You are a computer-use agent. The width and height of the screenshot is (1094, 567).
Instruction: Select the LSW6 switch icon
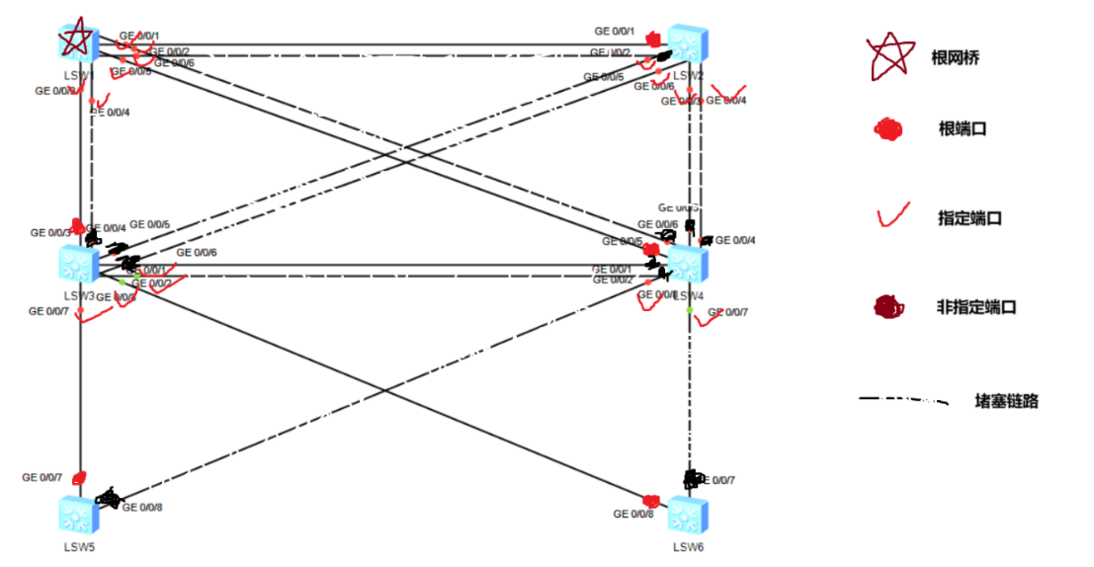[687, 516]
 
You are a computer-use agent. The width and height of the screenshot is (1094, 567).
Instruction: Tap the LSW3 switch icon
[76, 264]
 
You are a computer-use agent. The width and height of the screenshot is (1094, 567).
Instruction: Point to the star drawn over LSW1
[76, 40]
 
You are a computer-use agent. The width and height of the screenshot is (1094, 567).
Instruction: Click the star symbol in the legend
[888, 57]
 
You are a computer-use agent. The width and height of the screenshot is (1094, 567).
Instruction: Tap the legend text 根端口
[964, 128]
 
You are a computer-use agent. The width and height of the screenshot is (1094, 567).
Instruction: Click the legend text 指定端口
[969, 217]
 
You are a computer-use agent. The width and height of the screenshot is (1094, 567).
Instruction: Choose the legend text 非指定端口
[976, 306]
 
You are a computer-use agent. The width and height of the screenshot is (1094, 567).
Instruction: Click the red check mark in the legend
[892, 215]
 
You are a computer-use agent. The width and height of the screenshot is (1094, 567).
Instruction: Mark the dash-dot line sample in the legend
[902, 400]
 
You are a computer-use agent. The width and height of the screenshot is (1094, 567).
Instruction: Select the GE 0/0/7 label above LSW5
[42, 477]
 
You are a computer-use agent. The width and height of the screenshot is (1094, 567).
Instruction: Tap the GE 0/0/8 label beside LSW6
[633, 514]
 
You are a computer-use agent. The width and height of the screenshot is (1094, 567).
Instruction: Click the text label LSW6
[689, 546]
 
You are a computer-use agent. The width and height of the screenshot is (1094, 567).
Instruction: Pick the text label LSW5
[76, 546]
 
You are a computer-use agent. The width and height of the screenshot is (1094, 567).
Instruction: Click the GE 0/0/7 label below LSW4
[728, 312]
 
